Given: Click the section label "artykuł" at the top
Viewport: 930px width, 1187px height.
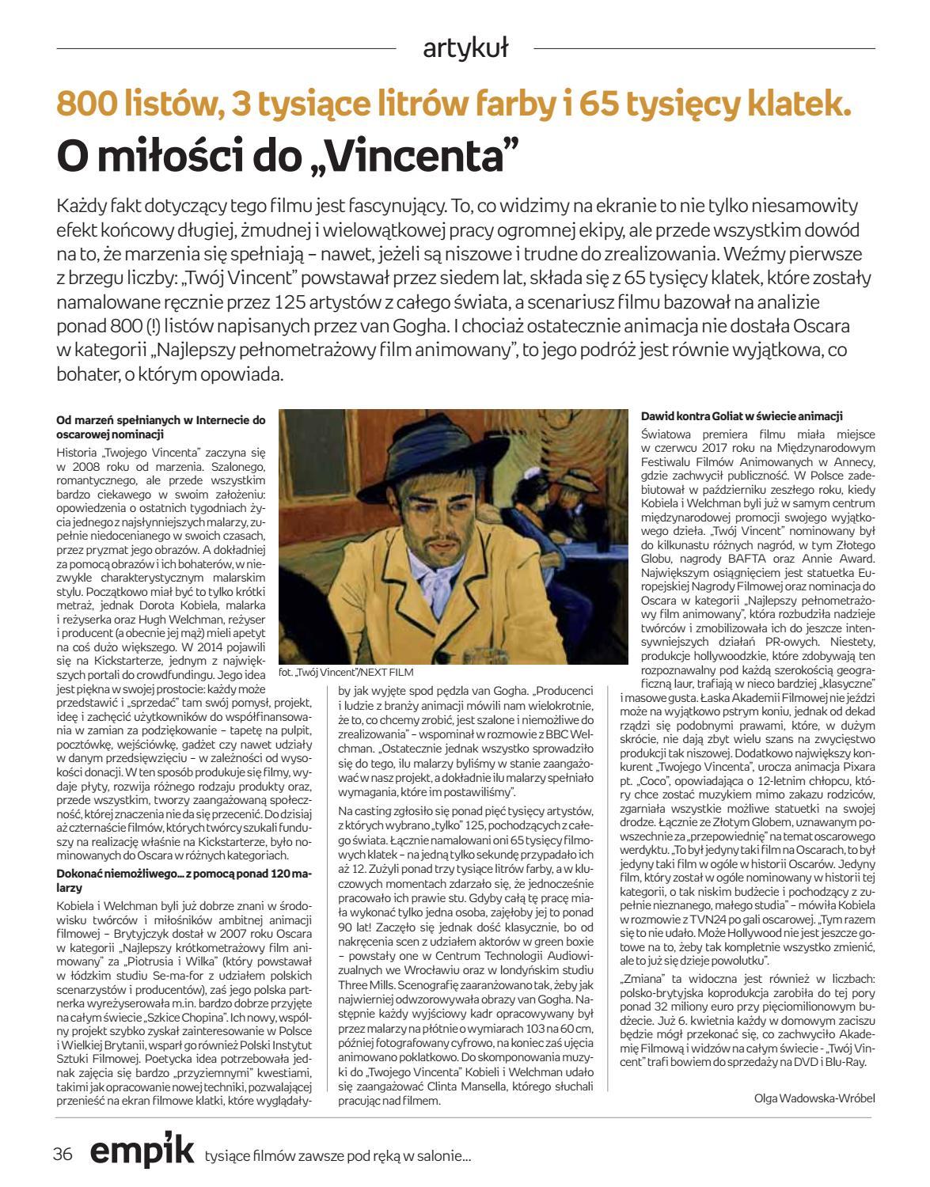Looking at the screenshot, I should [465, 48].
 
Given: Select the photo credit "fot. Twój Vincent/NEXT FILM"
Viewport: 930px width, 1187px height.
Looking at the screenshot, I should [346, 672].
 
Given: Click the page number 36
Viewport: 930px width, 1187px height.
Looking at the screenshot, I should [63, 1153].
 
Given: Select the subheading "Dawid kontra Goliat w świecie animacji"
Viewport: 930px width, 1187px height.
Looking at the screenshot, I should [741, 415].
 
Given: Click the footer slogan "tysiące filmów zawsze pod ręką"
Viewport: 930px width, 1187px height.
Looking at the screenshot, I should [337, 1155].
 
